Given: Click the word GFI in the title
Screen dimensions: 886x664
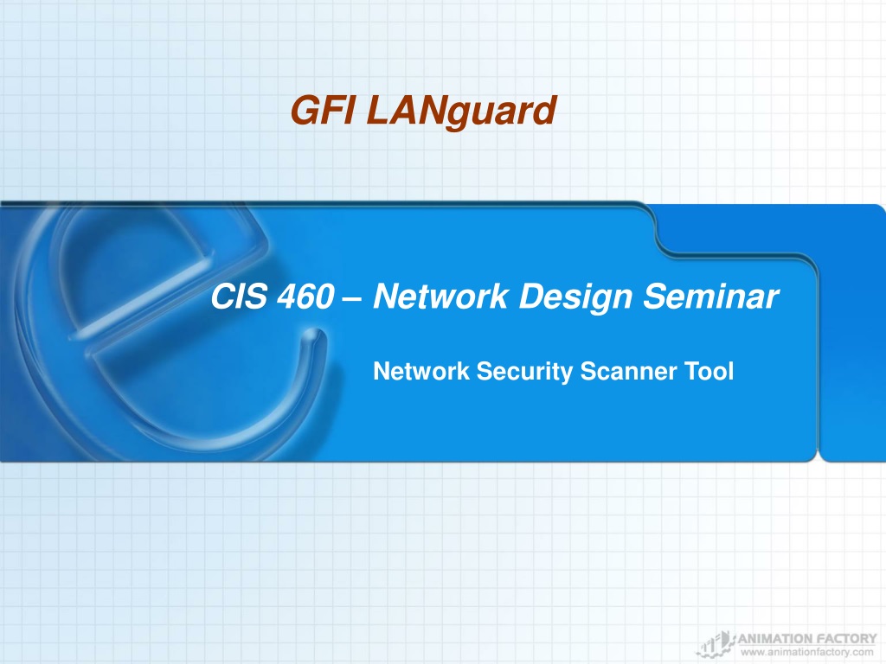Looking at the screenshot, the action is point(323,110).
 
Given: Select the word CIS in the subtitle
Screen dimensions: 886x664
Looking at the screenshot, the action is point(239,296).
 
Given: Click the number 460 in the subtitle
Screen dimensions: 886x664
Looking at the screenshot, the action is point(305,297).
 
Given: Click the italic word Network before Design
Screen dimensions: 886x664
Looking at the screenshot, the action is point(440,296).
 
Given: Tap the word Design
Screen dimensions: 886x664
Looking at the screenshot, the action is point(575,298).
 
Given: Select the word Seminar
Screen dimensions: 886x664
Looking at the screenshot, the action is point(711,296).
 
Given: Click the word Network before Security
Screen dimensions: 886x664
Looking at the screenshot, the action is point(421,371).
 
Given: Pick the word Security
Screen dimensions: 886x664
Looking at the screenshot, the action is point(524,372).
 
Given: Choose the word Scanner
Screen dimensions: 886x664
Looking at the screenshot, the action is point(628,371).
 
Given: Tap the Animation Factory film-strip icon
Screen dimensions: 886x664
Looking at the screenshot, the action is point(716,643).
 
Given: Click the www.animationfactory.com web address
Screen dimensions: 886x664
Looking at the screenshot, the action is point(807,652).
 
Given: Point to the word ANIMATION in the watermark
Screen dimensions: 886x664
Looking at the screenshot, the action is point(774,639).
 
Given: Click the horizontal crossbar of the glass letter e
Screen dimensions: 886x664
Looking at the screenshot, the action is point(141,301).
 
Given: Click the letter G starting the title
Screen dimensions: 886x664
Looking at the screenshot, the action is point(305,110).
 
